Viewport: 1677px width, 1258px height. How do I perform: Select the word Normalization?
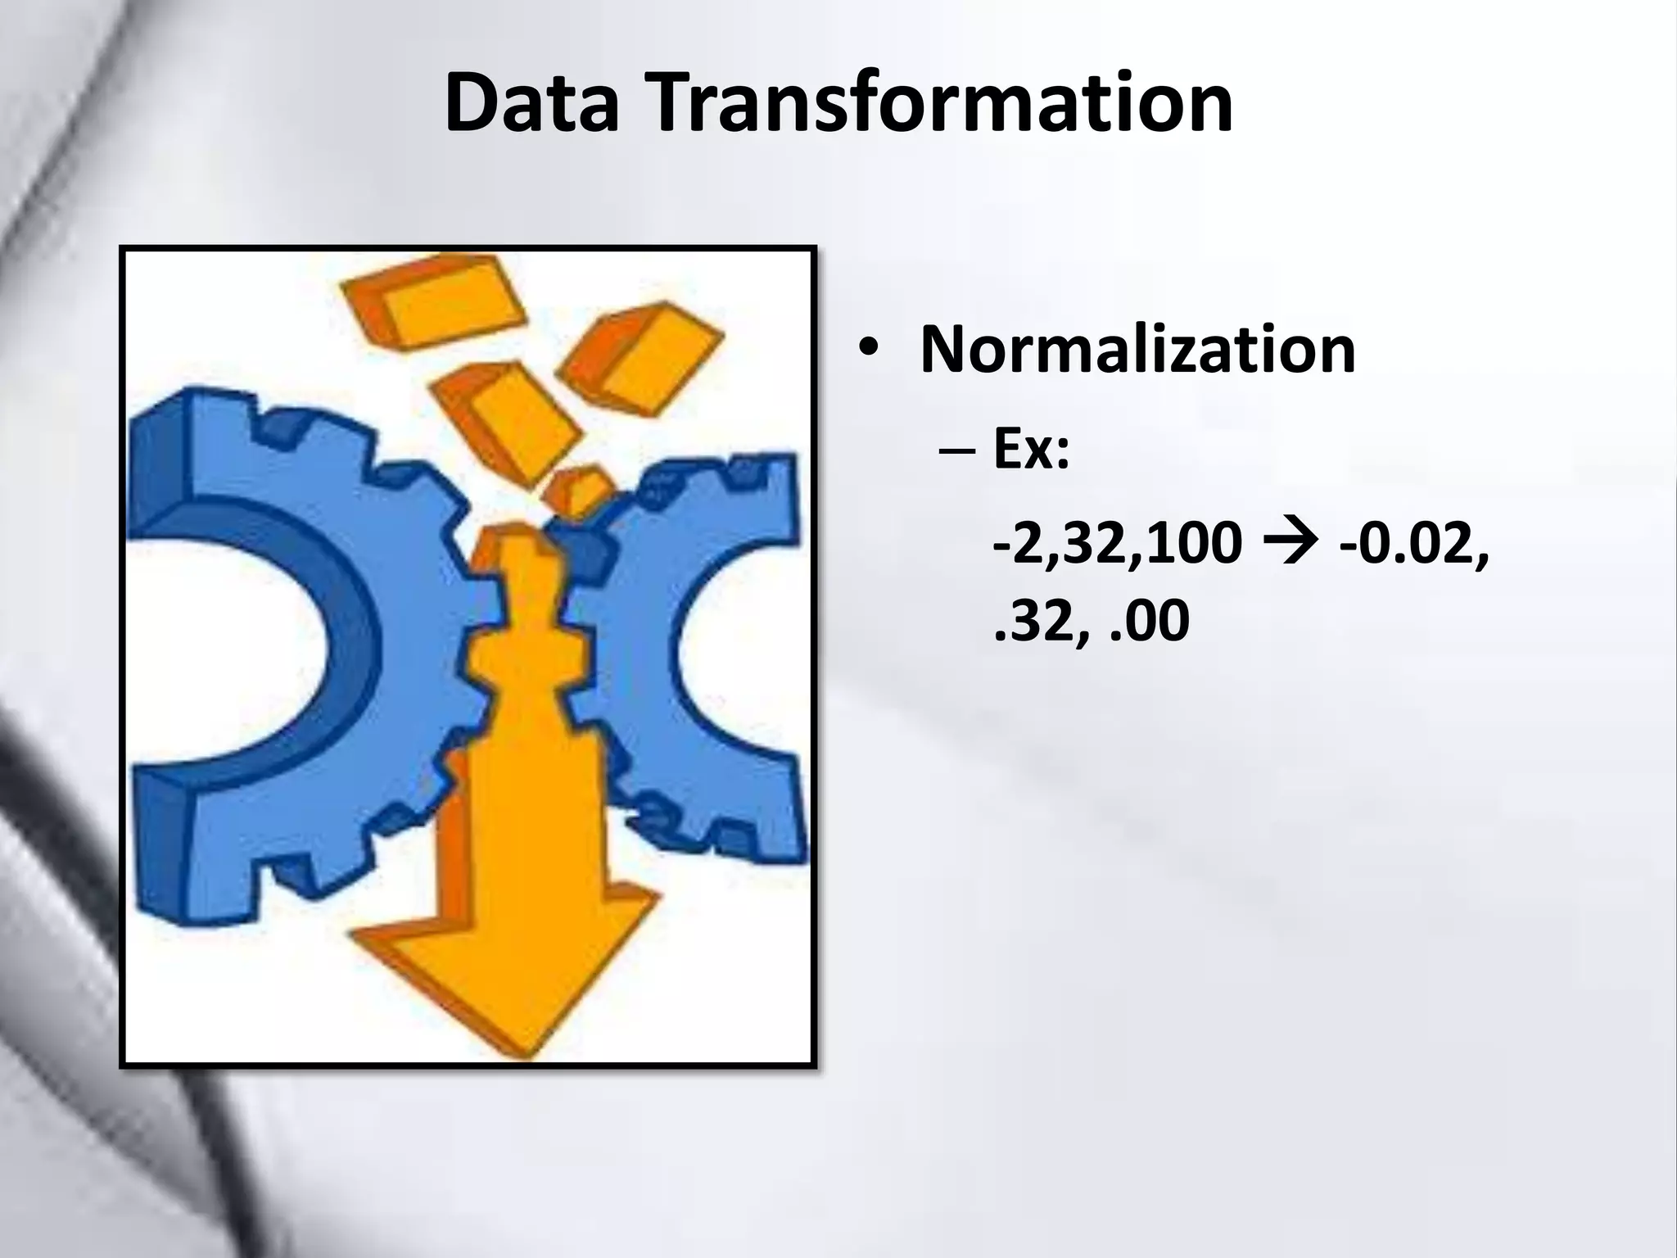coord(1137,350)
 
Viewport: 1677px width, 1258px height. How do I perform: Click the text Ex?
coord(1031,452)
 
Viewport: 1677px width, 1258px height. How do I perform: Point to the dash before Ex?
coord(963,455)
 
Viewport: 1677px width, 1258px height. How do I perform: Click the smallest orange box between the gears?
coord(578,490)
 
